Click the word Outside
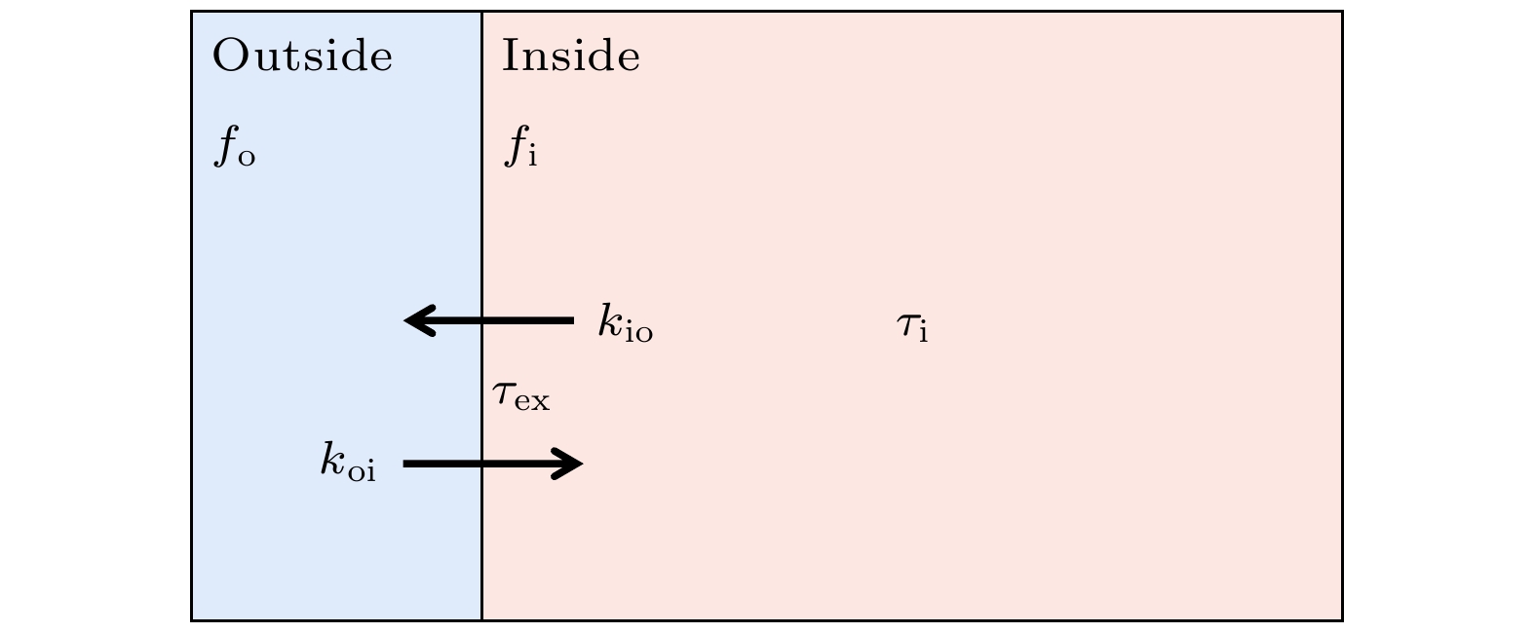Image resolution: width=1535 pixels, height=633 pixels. click(x=302, y=56)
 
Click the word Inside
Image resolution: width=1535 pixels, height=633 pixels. click(x=570, y=56)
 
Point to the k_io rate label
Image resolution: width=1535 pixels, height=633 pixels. click(x=625, y=323)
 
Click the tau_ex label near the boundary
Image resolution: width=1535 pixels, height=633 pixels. click(x=520, y=396)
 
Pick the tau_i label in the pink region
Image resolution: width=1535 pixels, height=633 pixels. click(x=911, y=326)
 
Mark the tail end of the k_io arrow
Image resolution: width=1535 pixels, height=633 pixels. click(x=570, y=320)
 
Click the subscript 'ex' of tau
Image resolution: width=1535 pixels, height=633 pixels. click(x=533, y=400)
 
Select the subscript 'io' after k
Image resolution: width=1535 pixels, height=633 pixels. click(x=638, y=332)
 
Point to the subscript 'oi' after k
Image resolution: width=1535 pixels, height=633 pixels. click(x=363, y=471)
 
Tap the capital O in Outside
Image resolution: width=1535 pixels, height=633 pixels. click(x=229, y=56)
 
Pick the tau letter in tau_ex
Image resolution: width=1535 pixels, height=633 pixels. click(x=503, y=393)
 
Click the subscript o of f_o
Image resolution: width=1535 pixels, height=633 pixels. click(x=246, y=158)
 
